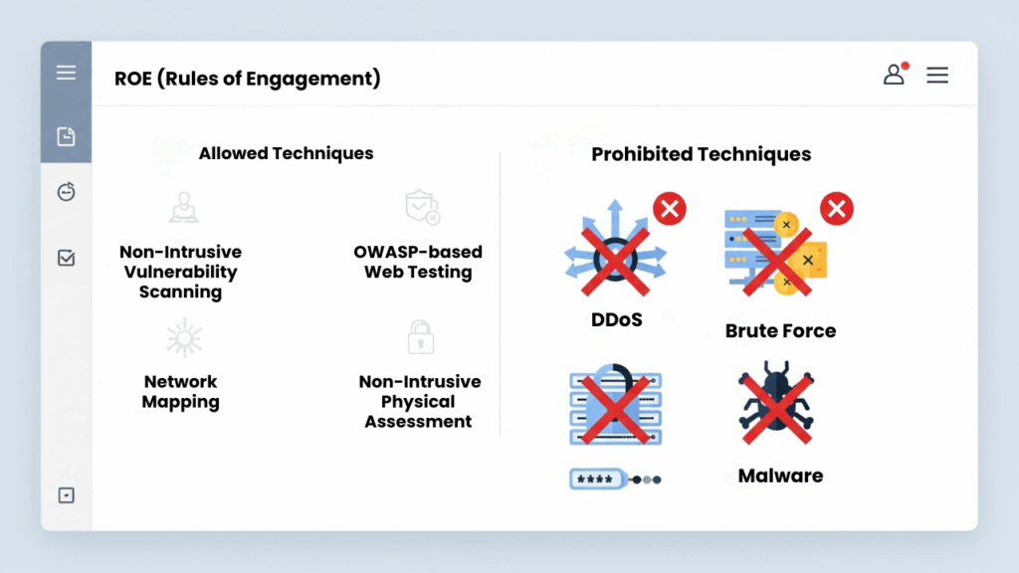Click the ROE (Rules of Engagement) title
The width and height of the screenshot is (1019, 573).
click(x=248, y=78)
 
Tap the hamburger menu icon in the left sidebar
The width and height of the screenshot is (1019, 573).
click(x=67, y=73)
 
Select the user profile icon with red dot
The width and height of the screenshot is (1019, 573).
click(x=895, y=75)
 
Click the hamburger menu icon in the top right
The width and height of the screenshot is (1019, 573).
click(x=937, y=75)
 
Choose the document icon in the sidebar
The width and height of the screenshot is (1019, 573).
click(x=67, y=136)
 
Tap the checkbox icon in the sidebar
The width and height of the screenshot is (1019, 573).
click(x=67, y=259)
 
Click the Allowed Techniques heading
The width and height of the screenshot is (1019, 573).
click(x=286, y=153)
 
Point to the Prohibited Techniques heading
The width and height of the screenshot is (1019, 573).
click(x=701, y=154)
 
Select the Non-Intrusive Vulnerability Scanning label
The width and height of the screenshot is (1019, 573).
click(x=180, y=272)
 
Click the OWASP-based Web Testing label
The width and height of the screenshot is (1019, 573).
click(x=418, y=262)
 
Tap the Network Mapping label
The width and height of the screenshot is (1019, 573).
click(x=180, y=392)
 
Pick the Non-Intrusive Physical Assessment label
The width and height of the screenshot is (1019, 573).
click(x=419, y=402)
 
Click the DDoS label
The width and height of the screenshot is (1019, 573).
click(x=616, y=320)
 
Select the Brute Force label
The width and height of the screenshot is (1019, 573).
click(x=780, y=331)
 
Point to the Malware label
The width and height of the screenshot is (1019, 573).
click(x=780, y=476)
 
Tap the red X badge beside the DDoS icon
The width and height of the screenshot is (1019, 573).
click(x=670, y=209)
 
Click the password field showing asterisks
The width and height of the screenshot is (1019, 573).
click(x=600, y=478)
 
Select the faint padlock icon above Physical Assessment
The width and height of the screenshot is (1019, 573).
click(x=421, y=337)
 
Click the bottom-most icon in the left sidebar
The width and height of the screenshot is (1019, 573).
click(x=67, y=495)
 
